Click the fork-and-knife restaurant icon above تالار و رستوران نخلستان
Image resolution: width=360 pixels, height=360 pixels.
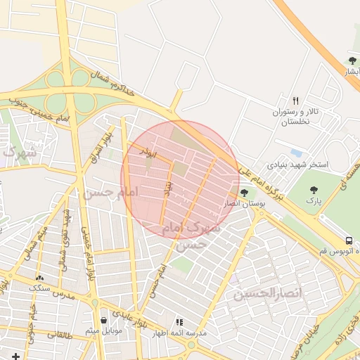tap(296, 100)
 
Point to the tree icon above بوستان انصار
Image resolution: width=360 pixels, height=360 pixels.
tap(244, 192)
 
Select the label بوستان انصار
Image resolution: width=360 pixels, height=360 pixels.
tap(243, 203)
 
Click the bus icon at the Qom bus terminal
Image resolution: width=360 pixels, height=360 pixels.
tap(349, 240)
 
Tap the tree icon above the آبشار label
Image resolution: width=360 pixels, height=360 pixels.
tap(352, 60)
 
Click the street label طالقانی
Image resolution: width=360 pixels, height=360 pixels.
tap(60, 335)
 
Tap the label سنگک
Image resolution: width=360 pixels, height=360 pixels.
tap(40, 288)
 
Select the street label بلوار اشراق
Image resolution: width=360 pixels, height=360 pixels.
tap(99, 148)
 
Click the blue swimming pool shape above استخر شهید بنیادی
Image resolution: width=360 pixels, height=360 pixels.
tap(296, 153)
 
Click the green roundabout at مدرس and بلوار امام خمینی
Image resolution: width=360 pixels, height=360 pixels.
tap(95, 302)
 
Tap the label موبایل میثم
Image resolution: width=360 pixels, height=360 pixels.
tap(103, 330)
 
